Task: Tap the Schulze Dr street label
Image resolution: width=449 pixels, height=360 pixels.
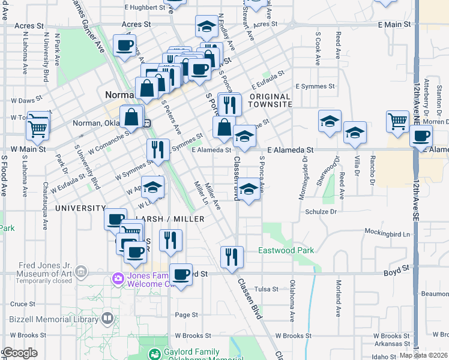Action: point(321,212)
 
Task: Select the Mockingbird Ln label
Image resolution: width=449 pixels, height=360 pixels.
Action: point(391,233)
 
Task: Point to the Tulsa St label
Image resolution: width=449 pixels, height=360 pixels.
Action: point(267,289)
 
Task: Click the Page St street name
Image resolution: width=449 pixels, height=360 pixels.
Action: point(186,315)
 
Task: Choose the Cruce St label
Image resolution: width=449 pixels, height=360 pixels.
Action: point(23,304)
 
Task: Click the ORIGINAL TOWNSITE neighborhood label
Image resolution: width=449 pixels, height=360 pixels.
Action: point(270,100)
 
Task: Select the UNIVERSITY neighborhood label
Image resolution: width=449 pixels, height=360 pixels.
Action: point(80,208)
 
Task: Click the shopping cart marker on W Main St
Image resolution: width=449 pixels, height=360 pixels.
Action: point(38,127)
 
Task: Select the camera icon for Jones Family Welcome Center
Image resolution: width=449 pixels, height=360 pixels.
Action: point(118,278)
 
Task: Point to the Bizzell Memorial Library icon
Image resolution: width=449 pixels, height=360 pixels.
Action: point(107,317)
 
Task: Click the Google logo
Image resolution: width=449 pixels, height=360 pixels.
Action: point(20,353)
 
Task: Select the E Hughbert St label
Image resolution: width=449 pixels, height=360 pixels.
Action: point(144,7)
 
